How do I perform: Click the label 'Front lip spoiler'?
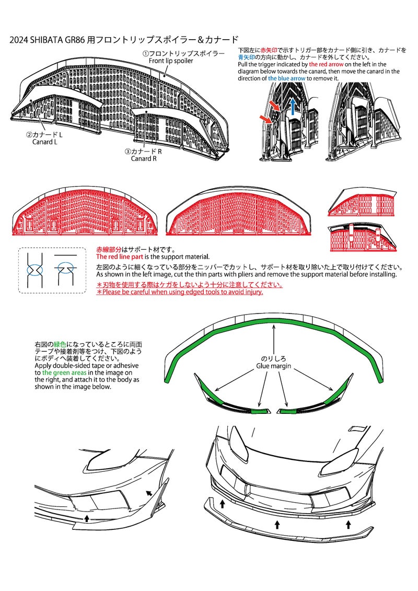coord(171,61)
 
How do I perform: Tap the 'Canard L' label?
coord(44,142)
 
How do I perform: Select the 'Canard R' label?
coord(144,159)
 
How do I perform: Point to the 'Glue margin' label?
coord(274,366)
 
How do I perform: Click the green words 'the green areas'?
coord(64,373)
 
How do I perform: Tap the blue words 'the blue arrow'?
coord(286,78)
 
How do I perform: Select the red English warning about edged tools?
coord(180,292)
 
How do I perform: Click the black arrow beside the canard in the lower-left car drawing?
coord(149,493)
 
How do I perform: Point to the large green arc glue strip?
coord(274,324)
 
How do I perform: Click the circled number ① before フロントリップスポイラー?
coord(145,53)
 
